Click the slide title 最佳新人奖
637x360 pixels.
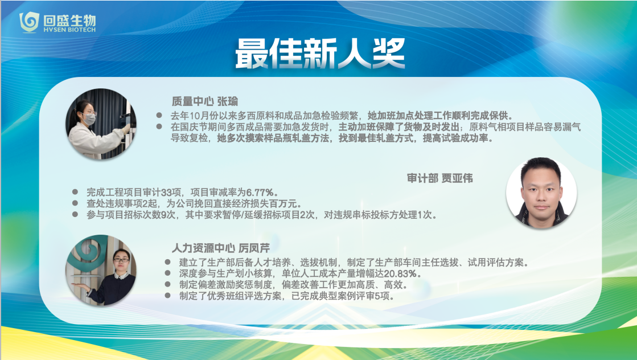320,53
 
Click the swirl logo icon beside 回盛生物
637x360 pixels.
29,22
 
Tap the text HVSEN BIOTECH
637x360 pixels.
69,30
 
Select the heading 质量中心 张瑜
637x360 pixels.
205,101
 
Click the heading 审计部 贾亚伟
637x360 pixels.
440,178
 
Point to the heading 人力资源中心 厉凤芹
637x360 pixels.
221,248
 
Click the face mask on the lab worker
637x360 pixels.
89,119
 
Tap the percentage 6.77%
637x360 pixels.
262,192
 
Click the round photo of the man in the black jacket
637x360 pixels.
541,193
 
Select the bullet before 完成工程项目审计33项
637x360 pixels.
75,192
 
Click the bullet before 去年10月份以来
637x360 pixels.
159,116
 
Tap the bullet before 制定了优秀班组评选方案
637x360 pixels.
168,296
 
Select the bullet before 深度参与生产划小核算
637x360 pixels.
168,273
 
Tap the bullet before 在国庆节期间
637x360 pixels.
159,127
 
